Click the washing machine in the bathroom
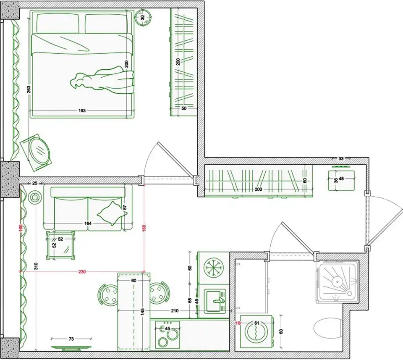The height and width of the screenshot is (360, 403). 256,332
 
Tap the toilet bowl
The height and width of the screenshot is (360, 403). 328,327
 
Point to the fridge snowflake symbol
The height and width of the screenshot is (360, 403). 213,268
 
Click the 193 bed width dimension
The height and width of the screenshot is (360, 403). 82,110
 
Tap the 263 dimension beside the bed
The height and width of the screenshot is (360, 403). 29,89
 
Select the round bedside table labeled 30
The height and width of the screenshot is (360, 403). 143,18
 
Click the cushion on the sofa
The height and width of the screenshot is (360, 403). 109,213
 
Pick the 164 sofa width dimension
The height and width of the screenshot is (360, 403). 88,223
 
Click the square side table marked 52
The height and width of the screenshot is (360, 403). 60,245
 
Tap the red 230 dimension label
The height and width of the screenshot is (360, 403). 82,271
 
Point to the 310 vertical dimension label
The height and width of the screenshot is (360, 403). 36,266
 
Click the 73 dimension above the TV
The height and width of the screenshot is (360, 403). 71,339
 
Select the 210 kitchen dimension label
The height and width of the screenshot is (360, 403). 175,310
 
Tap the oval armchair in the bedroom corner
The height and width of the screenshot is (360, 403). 36,152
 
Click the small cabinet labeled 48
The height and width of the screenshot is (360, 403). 341,181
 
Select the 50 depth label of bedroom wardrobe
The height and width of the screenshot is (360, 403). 184,108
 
